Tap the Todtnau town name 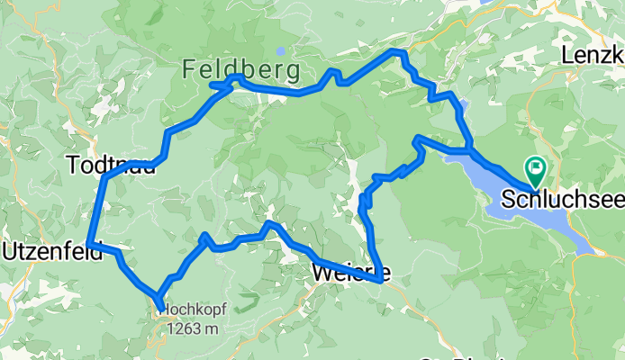(104, 166)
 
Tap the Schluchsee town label (562, 198)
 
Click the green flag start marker (536, 167)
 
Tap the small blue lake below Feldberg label (282, 51)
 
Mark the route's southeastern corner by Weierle (378, 280)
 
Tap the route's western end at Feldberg (213, 85)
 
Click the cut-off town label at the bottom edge (455, 356)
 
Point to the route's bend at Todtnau (105, 177)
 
